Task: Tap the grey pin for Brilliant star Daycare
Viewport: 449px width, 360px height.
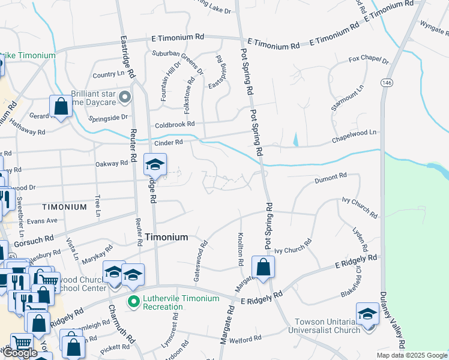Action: coord(125,97)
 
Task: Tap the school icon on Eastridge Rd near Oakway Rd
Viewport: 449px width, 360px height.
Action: coord(155,165)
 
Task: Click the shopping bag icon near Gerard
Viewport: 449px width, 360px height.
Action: coord(61,107)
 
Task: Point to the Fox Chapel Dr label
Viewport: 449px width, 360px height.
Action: coord(369,61)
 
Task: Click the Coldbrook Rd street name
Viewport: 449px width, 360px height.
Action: coord(175,124)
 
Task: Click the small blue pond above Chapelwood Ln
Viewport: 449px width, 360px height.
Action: coord(295,140)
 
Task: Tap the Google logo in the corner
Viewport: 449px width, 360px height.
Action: coord(20,353)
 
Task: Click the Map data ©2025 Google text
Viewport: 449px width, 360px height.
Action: coord(411,355)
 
